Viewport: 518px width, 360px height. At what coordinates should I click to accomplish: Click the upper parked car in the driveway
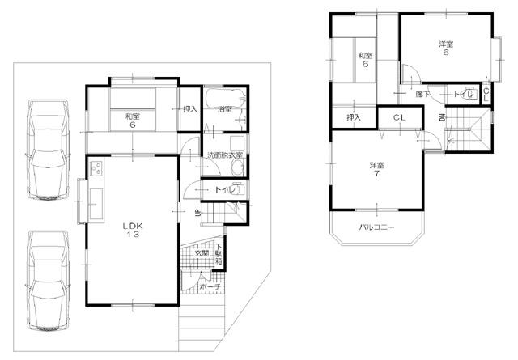point(48,150)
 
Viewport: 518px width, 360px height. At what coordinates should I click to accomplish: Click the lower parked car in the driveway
point(48,281)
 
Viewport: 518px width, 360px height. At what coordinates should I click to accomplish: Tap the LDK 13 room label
point(133,229)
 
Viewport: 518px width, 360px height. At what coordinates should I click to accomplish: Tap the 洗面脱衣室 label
point(226,155)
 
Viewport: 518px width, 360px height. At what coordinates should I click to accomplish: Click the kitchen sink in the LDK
point(95,199)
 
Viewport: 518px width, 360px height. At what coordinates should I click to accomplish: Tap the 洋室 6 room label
point(445,49)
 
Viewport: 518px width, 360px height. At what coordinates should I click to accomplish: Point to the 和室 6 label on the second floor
point(365,59)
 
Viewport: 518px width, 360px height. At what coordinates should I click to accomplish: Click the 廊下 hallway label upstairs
point(422,95)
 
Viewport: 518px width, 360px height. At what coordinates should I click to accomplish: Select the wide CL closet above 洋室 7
point(399,119)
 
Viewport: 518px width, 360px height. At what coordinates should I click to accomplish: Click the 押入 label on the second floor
point(353,119)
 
